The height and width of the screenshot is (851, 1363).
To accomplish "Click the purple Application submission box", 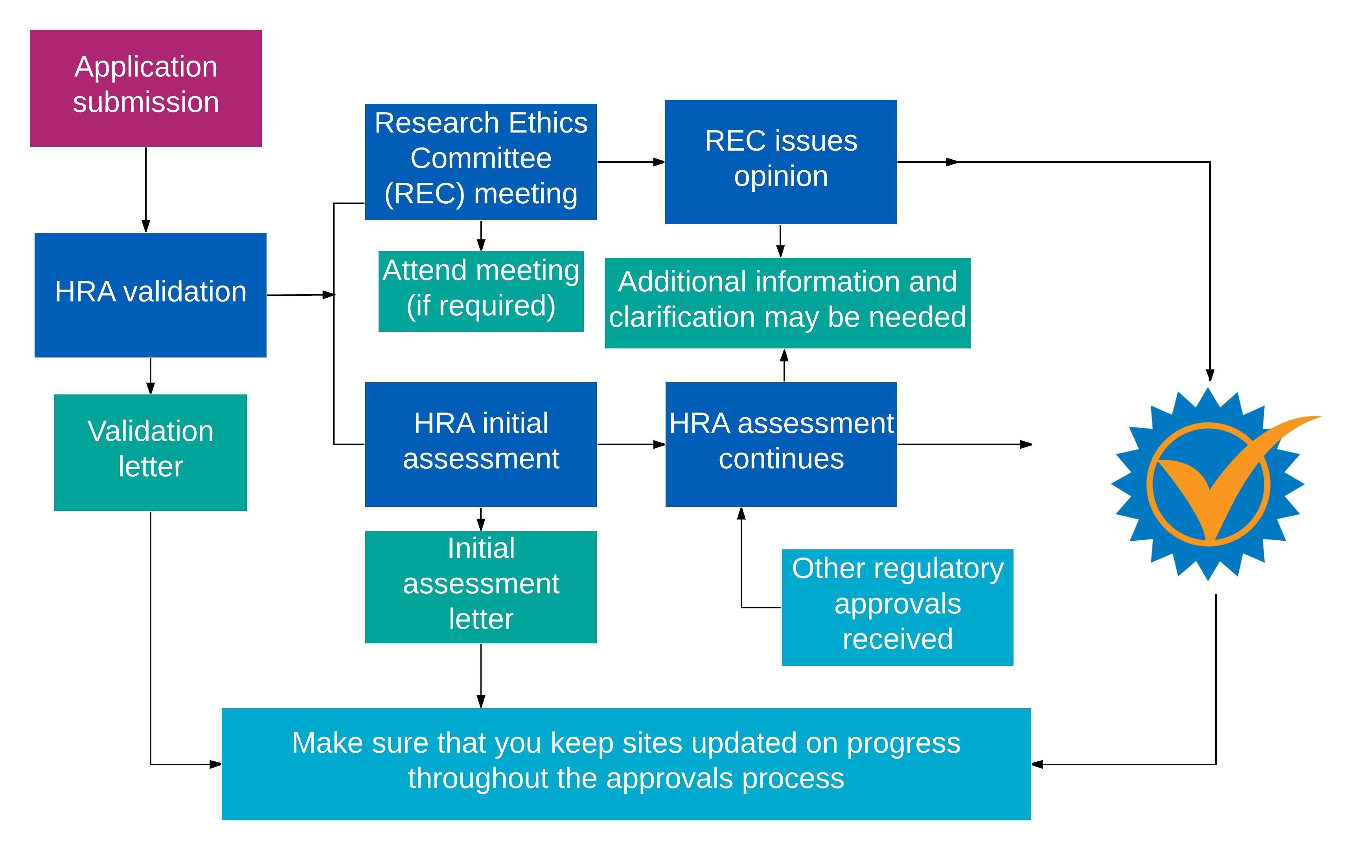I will pos(146,88).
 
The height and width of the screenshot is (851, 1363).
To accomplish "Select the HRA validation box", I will pos(150,295).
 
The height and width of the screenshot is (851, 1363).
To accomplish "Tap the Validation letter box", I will pos(150,453).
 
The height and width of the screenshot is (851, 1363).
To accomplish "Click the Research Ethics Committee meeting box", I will pos(480,162).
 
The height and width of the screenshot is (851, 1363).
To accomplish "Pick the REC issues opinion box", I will pos(780,162).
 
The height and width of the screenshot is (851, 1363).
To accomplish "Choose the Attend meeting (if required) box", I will pos(480,291).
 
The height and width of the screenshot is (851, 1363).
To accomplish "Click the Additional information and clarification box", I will pos(787,303).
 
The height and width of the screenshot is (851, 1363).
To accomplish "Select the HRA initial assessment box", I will pos(480,444).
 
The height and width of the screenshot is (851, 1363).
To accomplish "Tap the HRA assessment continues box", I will pos(780,444).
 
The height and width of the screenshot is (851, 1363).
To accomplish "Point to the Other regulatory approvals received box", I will pos(897,607).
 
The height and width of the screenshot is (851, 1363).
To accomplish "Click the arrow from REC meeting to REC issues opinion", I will pos(630,162).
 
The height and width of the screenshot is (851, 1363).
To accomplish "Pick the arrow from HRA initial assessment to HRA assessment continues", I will pos(630,444).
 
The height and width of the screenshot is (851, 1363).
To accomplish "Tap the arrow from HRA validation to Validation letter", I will pos(150,376).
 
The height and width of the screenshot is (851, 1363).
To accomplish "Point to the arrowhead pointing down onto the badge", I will pos(1210,375).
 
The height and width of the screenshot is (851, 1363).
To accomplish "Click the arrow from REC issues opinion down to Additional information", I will pos(780,241).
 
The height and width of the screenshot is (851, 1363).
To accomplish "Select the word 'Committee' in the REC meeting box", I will pos(480,158).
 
